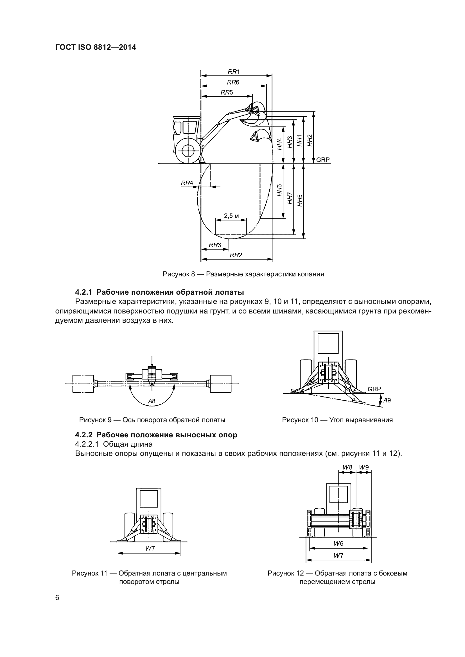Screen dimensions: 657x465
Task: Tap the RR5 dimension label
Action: pos(227,92)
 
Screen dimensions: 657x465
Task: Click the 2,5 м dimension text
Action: pos(231,216)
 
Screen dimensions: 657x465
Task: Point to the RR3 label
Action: pos(215,245)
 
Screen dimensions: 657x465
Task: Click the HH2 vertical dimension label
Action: pos(310,140)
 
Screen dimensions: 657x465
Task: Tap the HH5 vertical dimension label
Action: pos(300,200)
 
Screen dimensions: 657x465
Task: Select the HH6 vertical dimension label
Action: pos(279,190)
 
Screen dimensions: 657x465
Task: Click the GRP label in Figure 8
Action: pos(323,160)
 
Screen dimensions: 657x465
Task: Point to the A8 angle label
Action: pos(152,401)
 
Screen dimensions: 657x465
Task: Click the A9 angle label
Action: pos(387,400)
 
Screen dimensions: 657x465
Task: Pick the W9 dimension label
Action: pos(364,467)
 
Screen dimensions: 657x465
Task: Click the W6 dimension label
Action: pos(338,544)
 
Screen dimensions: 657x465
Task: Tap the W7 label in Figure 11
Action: pos(150,548)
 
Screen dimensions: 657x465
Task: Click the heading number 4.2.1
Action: pos(83,292)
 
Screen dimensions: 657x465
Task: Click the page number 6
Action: pos(57,598)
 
